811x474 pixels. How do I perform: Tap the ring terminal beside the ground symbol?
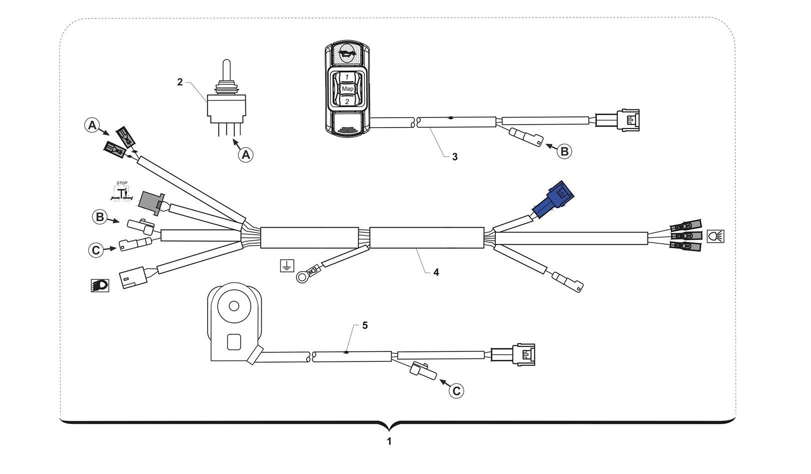tap(302, 276)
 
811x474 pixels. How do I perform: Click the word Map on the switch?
tap(347, 89)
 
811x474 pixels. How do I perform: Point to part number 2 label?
tap(180, 82)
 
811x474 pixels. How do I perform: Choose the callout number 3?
tap(455, 157)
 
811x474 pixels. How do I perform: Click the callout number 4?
tap(436, 272)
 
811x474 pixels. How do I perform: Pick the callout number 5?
tap(365, 325)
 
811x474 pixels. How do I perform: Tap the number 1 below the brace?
tap(389, 441)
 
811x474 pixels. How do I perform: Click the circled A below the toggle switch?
tap(245, 155)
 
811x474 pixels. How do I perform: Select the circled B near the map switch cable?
tap(564, 151)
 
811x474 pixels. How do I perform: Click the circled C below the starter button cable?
tap(456, 390)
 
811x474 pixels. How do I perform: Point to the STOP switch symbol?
tap(122, 192)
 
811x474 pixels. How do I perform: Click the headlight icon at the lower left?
tap(100, 285)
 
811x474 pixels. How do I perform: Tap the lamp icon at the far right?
tap(715, 236)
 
